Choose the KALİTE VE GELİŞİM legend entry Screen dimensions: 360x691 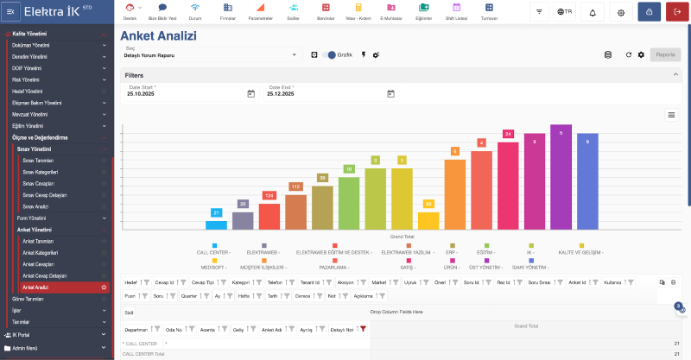click(x=581, y=251)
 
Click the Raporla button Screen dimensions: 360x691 click(x=665, y=54)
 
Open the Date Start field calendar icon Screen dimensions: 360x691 click(x=250, y=93)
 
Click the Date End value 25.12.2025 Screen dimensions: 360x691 click(x=281, y=93)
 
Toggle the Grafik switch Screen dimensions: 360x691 click(x=332, y=54)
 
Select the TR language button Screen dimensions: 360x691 click(x=566, y=12)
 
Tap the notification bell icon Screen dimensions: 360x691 click(x=593, y=12)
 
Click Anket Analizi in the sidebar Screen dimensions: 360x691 click(x=36, y=286)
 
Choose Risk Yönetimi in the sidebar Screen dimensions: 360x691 click(x=28, y=79)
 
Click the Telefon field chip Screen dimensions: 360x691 click(x=274, y=281)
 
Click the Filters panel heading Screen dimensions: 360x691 click(x=134, y=75)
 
